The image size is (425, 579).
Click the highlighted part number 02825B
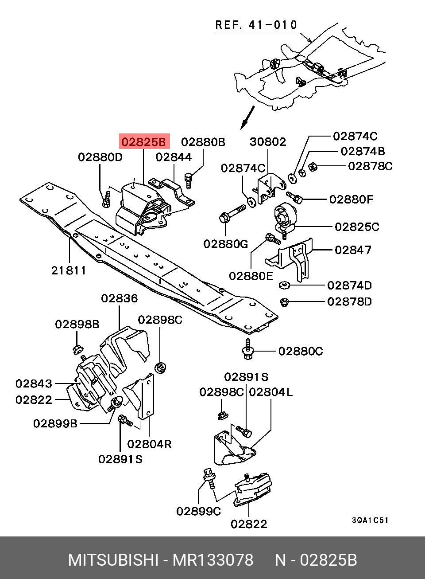[144, 142]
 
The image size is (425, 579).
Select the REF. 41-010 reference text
[256, 25]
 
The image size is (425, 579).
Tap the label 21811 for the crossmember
[69, 270]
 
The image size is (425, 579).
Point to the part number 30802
[268, 142]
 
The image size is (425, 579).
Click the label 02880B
[203, 142]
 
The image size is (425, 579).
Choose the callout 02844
[174, 157]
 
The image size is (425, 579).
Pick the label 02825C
[357, 227]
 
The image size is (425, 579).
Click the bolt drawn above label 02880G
[233, 213]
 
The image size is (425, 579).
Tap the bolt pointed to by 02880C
[247, 350]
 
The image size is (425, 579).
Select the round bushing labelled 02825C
[282, 216]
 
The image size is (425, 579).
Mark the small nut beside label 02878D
[285, 302]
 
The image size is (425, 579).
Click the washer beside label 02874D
[285, 285]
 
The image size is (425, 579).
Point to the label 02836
[119, 298]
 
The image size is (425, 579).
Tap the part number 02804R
[149, 444]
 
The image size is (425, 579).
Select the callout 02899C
[198, 511]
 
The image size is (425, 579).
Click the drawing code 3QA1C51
[370, 520]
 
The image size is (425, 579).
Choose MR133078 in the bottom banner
[213, 560]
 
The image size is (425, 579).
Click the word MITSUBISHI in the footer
[113, 560]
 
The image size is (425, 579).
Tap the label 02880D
[100, 157]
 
